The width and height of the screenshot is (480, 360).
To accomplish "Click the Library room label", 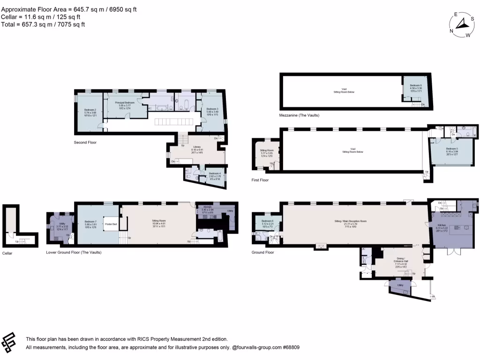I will (x=197, y=147).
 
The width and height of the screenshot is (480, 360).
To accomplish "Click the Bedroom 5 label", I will (x=452, y=149).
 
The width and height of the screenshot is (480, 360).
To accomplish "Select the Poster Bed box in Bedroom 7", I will (x=111, y=224).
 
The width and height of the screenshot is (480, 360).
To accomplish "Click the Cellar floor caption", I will (x=7, y=253).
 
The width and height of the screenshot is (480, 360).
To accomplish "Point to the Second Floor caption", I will (x=85, y=142).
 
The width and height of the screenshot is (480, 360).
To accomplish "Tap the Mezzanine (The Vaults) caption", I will (x=299, y=115).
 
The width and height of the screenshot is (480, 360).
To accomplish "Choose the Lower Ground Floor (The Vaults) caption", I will (x=74, y=252).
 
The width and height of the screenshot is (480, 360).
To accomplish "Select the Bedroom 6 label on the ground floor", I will (x=267, y=221).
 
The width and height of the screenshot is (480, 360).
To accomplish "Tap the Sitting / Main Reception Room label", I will (x=350, y=220).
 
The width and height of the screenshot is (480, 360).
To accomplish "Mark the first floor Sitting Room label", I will (x=267, y=150).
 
